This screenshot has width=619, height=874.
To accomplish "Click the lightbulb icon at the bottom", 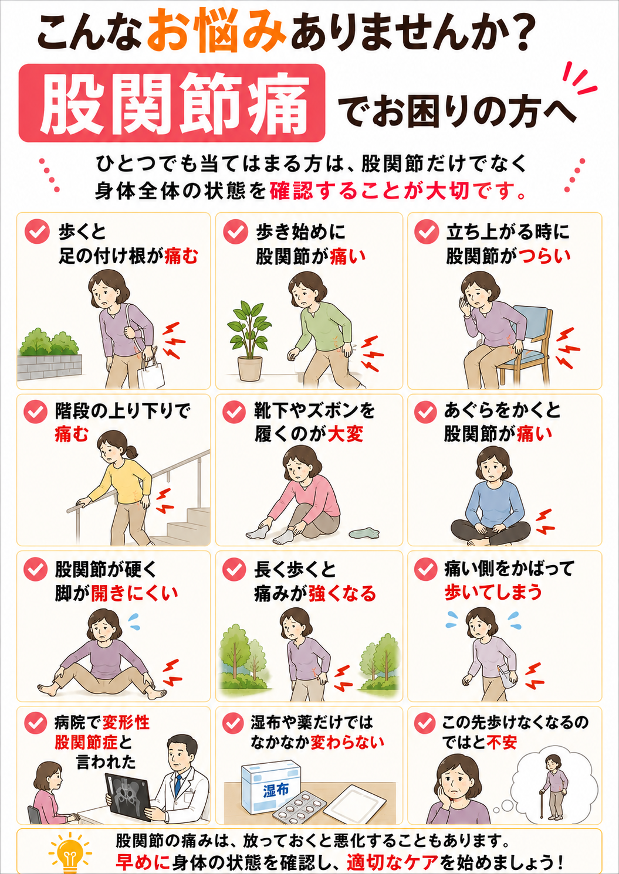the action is [x=70, y=852].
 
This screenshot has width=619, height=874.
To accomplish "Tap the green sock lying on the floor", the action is [x=364, y=532].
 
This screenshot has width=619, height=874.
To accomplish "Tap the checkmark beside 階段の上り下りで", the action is [x=36, y=412].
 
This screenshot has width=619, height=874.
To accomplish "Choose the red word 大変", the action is [x=346, y=434].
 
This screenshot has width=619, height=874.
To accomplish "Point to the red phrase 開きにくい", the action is [x=135, y=593].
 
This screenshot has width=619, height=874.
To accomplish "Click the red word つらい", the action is [x=544, y=256].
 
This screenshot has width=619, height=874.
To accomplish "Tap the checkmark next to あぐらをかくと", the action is [x=426, y=412].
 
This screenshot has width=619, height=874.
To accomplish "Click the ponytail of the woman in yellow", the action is [x=131, y=452].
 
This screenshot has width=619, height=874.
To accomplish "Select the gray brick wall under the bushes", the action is [x=50, y=367].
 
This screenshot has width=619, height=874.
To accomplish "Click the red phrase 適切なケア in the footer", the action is [x=392, y=862].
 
